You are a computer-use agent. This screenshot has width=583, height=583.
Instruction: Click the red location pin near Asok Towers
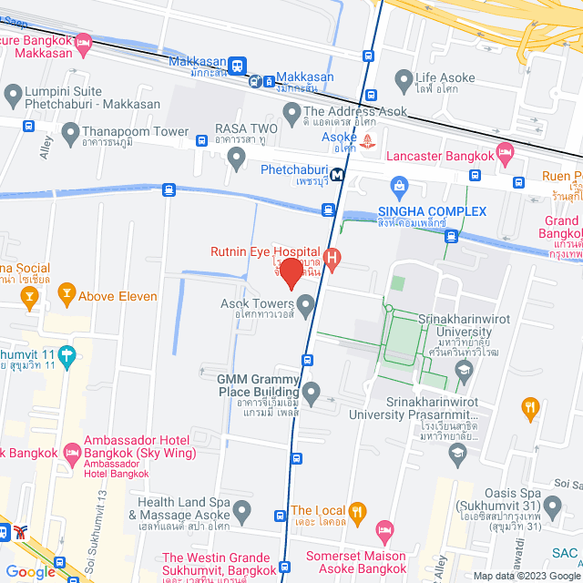(x=291, y=272)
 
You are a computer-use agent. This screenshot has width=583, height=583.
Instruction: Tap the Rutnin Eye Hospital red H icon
(x=332, y=260)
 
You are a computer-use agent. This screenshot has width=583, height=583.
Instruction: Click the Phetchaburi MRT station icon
(x=337, y=174)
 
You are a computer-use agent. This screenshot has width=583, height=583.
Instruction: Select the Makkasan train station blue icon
(x=237, y=66)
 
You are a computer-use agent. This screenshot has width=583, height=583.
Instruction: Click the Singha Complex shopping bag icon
(x=399, y=187)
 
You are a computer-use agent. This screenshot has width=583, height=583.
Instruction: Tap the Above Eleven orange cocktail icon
(x=65, y=292)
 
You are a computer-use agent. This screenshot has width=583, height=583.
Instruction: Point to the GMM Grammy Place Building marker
(x=312, y=394)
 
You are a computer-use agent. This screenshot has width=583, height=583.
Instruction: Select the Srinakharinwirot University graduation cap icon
(x=464, y=368)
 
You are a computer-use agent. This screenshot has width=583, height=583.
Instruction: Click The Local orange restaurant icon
(x=358, y=512)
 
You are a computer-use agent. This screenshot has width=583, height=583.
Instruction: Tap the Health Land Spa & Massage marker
(x=241, y=512)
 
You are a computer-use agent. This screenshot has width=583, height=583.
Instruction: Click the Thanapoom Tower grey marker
(x=71, y=135)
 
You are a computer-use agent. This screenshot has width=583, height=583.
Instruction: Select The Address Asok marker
(x=291, y=114)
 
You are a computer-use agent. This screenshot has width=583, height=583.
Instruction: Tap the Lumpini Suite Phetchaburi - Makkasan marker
(x=13, y=94)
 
